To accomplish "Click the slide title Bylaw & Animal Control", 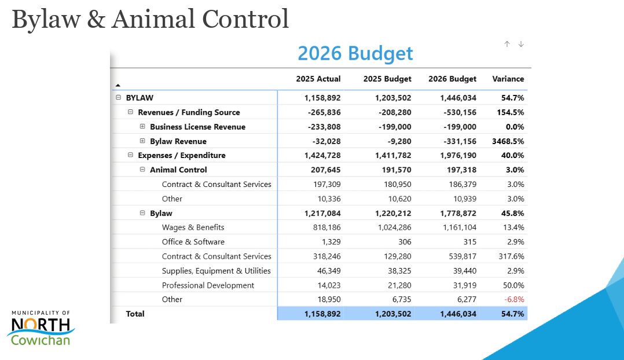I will pos(150,19).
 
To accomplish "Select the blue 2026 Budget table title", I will pos(355,53).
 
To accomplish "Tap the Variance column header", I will pos(508,79).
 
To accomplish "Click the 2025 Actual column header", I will pos(318,79).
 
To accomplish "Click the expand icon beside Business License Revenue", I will pos(142,127).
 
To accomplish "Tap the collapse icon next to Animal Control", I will pos(142,170).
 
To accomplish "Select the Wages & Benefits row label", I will pos(193,227).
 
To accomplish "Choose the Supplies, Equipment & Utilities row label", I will pos(216,271).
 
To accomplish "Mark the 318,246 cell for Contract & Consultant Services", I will pos(326,256).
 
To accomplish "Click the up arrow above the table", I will pos(507,44).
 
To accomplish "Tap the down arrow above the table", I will pos(521,44).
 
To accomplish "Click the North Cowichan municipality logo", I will pos(41,328).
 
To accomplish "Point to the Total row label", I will pos(135,314).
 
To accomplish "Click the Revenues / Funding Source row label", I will pos(189,112).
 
